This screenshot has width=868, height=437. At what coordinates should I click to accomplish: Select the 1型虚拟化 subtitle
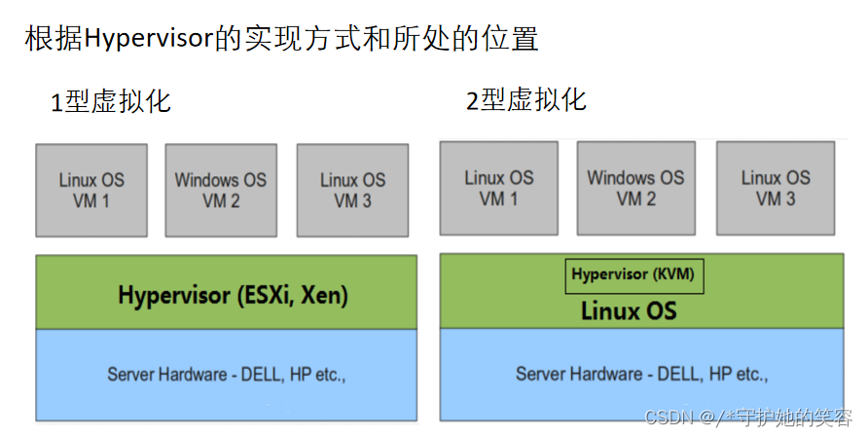click(x=111, y=101)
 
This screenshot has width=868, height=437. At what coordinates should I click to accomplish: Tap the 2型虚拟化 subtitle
click(x=525, y=100)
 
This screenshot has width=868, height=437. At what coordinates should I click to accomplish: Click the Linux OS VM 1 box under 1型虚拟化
click(x=91, y=190)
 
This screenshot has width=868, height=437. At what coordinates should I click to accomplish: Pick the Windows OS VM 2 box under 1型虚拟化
click(x=221, y=190)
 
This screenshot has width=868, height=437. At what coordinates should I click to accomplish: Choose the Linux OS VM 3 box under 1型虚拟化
click(x=352, y=190)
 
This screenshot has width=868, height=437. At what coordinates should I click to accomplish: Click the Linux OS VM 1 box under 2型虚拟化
click(x=499, y=188)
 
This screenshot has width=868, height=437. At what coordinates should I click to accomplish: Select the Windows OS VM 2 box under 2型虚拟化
click(x=635, y=188)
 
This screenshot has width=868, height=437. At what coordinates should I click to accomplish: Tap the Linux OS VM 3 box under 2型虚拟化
click(x=776, y=188)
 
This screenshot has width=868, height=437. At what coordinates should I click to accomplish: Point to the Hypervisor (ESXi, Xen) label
click(x=233, y=294)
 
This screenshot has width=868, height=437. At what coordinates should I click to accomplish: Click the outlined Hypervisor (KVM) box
click(x=633, y=274)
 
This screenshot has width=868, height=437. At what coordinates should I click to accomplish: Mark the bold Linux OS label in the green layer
click(x=629, y=311)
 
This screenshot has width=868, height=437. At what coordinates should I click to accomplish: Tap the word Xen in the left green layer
click(x=324, y=294)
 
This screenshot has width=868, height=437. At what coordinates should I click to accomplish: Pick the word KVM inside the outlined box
click(x=675, y=274)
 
